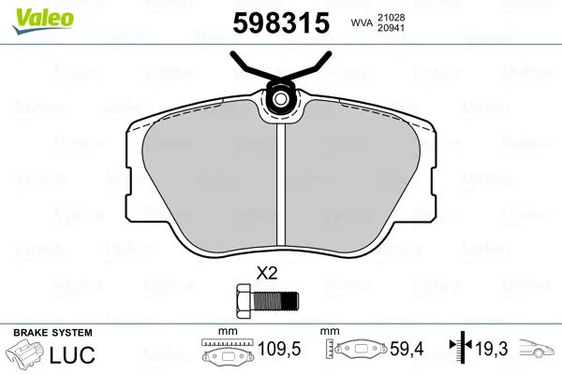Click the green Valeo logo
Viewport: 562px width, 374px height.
[43, 21]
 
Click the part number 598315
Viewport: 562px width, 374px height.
[281, 22]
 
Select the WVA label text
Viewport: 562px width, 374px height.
[362, 22]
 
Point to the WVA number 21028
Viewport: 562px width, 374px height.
[391, 17]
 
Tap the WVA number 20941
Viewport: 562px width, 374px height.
[391, 28]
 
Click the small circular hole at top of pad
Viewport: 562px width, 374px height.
[281, 98]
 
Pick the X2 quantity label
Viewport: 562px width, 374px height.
[267, 274]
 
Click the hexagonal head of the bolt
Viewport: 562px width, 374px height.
[244, 301]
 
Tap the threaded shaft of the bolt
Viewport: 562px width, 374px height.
[275, 301]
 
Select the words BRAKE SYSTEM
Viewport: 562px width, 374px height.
[52, 333]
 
